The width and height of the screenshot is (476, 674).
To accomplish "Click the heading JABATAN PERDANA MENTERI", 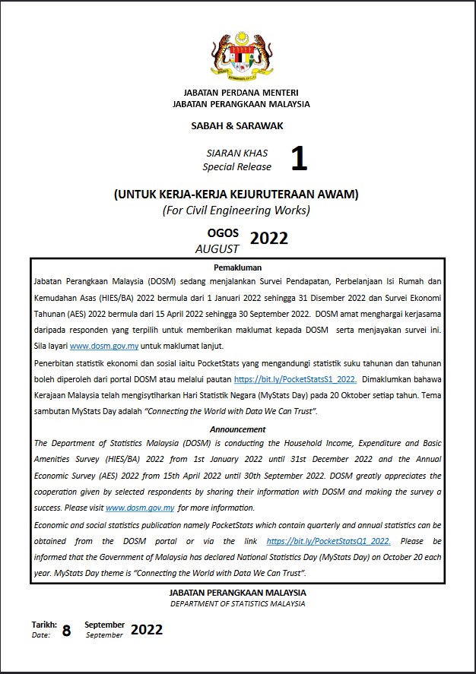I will [241, 93].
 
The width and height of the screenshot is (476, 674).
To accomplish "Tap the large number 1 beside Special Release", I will [299, 159].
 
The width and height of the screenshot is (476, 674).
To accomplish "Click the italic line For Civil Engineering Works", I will [236, 210].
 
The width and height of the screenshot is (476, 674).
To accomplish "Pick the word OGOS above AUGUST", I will [223, 233].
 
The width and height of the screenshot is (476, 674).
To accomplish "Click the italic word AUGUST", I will [217, 248].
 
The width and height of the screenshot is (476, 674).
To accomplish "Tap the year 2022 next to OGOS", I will [269, 239].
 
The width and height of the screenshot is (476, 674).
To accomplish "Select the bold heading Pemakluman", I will [237, 267].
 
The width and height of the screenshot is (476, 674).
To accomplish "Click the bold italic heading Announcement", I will [237, 429].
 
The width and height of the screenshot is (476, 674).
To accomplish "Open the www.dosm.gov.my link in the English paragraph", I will [140, 508].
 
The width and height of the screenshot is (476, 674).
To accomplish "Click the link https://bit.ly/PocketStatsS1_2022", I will [295, 378].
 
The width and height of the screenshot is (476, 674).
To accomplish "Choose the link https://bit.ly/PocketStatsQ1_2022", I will [328, 541].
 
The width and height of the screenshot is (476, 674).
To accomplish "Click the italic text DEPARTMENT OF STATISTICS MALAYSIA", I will [237, 604].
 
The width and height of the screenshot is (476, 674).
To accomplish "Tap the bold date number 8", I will [66, 630].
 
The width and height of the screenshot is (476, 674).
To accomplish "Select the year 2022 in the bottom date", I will [147, 629].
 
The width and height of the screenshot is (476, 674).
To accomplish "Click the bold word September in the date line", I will [104, 624].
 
